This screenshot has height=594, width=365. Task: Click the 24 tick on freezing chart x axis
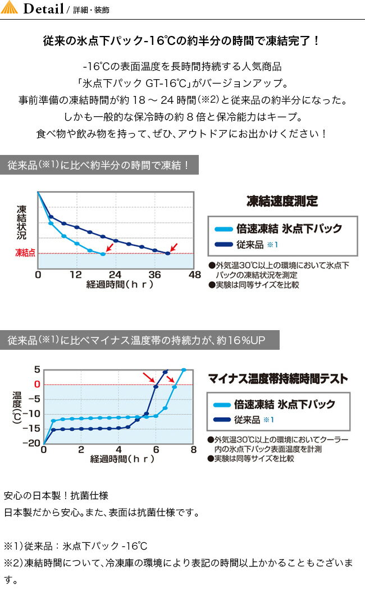tap(115, 275)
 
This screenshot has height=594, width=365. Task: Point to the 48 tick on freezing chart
tap(194, 275)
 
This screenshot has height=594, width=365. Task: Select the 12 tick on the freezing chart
tap(76, 275)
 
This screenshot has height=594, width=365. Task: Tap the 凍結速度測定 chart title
tap(282, 201)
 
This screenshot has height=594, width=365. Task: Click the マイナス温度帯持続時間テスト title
tap(277, 379)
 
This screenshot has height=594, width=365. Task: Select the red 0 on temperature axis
tap(37, 384)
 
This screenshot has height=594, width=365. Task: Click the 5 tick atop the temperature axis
tap(37, 369)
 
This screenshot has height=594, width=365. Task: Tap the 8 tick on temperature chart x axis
tap(193, 450)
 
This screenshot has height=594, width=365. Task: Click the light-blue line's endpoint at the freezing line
tap(103, 254)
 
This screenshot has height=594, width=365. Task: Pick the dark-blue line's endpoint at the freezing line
tap(168, 254)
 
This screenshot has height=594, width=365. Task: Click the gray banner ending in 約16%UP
tap(139, 340)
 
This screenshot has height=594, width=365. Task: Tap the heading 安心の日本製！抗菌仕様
tap(52, 496)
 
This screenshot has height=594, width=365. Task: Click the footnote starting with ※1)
tap(75, 546)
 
